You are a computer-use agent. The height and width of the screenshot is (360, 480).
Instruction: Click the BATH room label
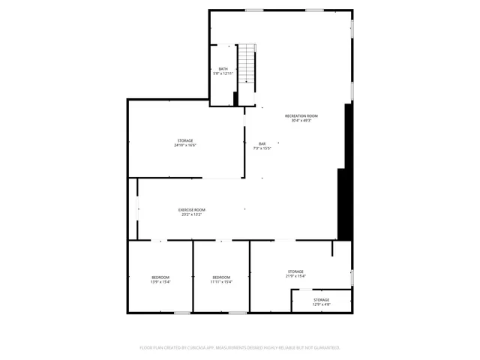[223, 69]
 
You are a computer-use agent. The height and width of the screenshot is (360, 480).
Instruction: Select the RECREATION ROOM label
[301, 115]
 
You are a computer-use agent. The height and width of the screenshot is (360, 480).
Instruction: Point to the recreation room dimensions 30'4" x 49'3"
[301, 121]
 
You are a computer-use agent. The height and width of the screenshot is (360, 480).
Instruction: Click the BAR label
[262, 144]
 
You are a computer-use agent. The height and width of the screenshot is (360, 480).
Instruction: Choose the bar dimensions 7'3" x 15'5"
[262, 148]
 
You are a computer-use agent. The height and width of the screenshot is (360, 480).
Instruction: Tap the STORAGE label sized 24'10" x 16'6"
[185, 140]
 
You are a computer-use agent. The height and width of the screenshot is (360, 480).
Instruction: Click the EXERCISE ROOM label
[191, 209]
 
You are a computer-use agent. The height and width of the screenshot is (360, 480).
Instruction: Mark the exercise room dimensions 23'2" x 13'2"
[191, 214]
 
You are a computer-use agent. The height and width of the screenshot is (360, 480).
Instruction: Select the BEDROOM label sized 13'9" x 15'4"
[160, 277]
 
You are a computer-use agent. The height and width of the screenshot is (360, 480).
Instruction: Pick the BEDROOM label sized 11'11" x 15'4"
[221, 277]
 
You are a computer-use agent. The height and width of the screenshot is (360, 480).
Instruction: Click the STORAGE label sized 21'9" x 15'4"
[295, 271]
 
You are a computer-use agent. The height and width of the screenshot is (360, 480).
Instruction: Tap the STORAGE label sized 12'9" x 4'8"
[321, 300]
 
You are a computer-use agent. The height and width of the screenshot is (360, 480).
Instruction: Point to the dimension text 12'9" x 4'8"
[321, 304]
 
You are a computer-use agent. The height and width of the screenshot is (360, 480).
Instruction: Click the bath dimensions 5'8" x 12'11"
[223, 73]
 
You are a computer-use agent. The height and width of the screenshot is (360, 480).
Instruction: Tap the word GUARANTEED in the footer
[323, 348]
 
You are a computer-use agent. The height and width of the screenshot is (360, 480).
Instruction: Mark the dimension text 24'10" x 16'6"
[185, 145]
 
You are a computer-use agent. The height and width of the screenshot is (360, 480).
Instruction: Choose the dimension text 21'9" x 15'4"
[295, 277]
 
